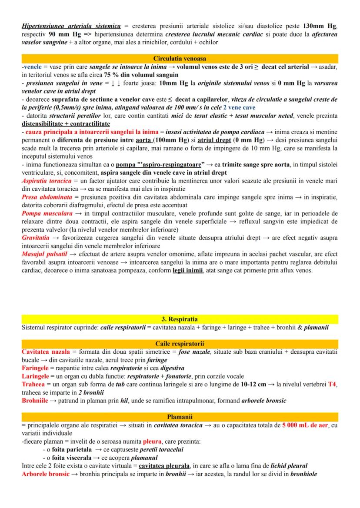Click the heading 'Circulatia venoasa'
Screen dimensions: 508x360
180,58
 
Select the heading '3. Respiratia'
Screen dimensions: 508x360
180,319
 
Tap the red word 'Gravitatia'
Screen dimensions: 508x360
35,237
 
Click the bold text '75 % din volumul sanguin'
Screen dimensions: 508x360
138,75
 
